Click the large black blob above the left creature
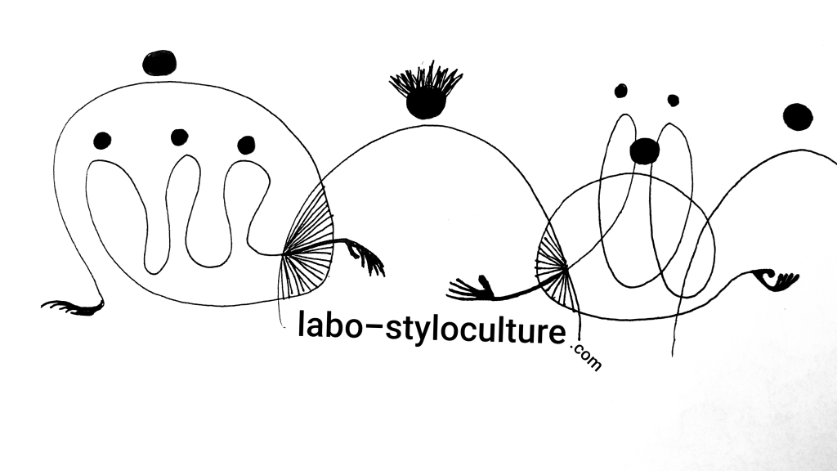(159, 62)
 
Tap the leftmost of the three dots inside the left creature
(102, 141)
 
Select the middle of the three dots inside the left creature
(179, 137)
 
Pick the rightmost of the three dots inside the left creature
(246, 145)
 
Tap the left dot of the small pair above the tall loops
(621, 91)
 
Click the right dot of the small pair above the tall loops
(674, 101)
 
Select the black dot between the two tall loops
(644, 151)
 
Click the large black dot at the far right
(798, 117)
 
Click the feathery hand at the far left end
(72, 307)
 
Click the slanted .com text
(586, 358)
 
